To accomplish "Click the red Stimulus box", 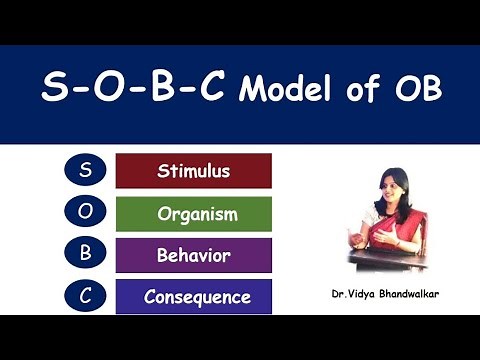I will (x=194, y=171).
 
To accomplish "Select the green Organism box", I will (x=194, y=214).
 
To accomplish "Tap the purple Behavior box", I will (x=194, y=255).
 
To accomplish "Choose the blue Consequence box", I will (x=194, y=297).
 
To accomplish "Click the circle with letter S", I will (x=84, y=170).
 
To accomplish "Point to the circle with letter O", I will (x=84, y=212).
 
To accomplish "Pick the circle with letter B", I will (x=84, y=254).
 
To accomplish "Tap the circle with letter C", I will (x=84, y=296).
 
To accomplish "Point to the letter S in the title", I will (x=55, y=91).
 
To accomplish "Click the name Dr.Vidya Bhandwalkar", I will (x=383, y=296).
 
